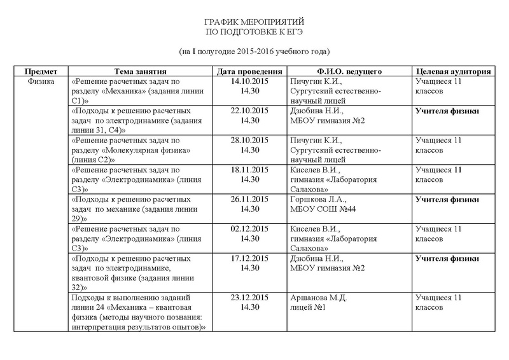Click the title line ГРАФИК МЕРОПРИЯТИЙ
coord(254,22)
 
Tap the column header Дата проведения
coord(245,71)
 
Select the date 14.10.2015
coord(245,82)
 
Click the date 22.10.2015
coord(245,111)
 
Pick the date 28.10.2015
coord(245,141)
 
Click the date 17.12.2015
coord(245,258)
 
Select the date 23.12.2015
coord(245,297)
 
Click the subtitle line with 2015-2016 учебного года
coord(254,51)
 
